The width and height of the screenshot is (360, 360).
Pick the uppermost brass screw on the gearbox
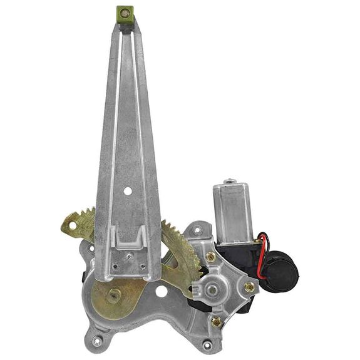(x=211, y=256)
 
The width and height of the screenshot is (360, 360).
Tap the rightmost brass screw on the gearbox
(x=249, y=287)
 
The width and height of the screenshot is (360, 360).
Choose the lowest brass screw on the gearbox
(x=217, y=321)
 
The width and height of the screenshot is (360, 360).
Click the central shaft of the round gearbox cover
(x=213, y=289)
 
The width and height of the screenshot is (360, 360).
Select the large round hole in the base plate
(x=162, y=292)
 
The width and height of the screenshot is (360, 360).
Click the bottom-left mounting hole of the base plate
(x=97, y=341)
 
